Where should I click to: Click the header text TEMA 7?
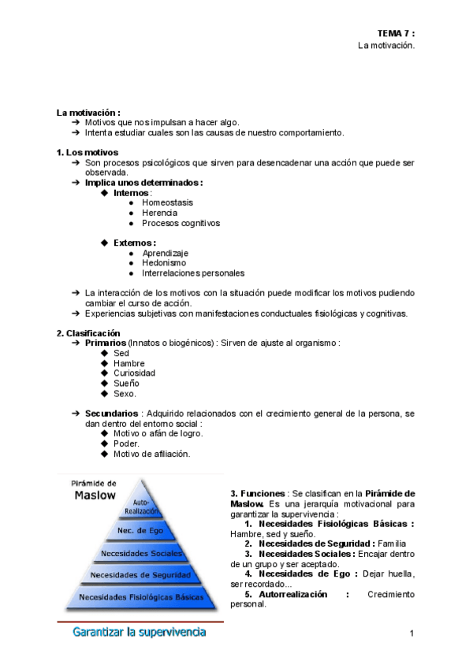pos(395,33)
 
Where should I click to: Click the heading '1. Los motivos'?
pos(88,151)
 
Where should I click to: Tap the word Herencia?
pos(159,213)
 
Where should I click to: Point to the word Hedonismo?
pos(164,263)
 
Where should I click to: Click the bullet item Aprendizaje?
pos(165,253)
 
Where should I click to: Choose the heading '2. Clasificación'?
pos(88,333)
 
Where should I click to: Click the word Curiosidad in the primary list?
pos(135,373)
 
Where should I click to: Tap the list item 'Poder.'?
pos(126,443)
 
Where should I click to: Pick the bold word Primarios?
pos(105,343)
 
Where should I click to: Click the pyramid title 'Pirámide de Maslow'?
pos(95,490)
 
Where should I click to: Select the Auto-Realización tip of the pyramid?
pos(142,507)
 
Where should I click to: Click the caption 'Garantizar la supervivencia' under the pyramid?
pos(139,632)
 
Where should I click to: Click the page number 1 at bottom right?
pos(412,633)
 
